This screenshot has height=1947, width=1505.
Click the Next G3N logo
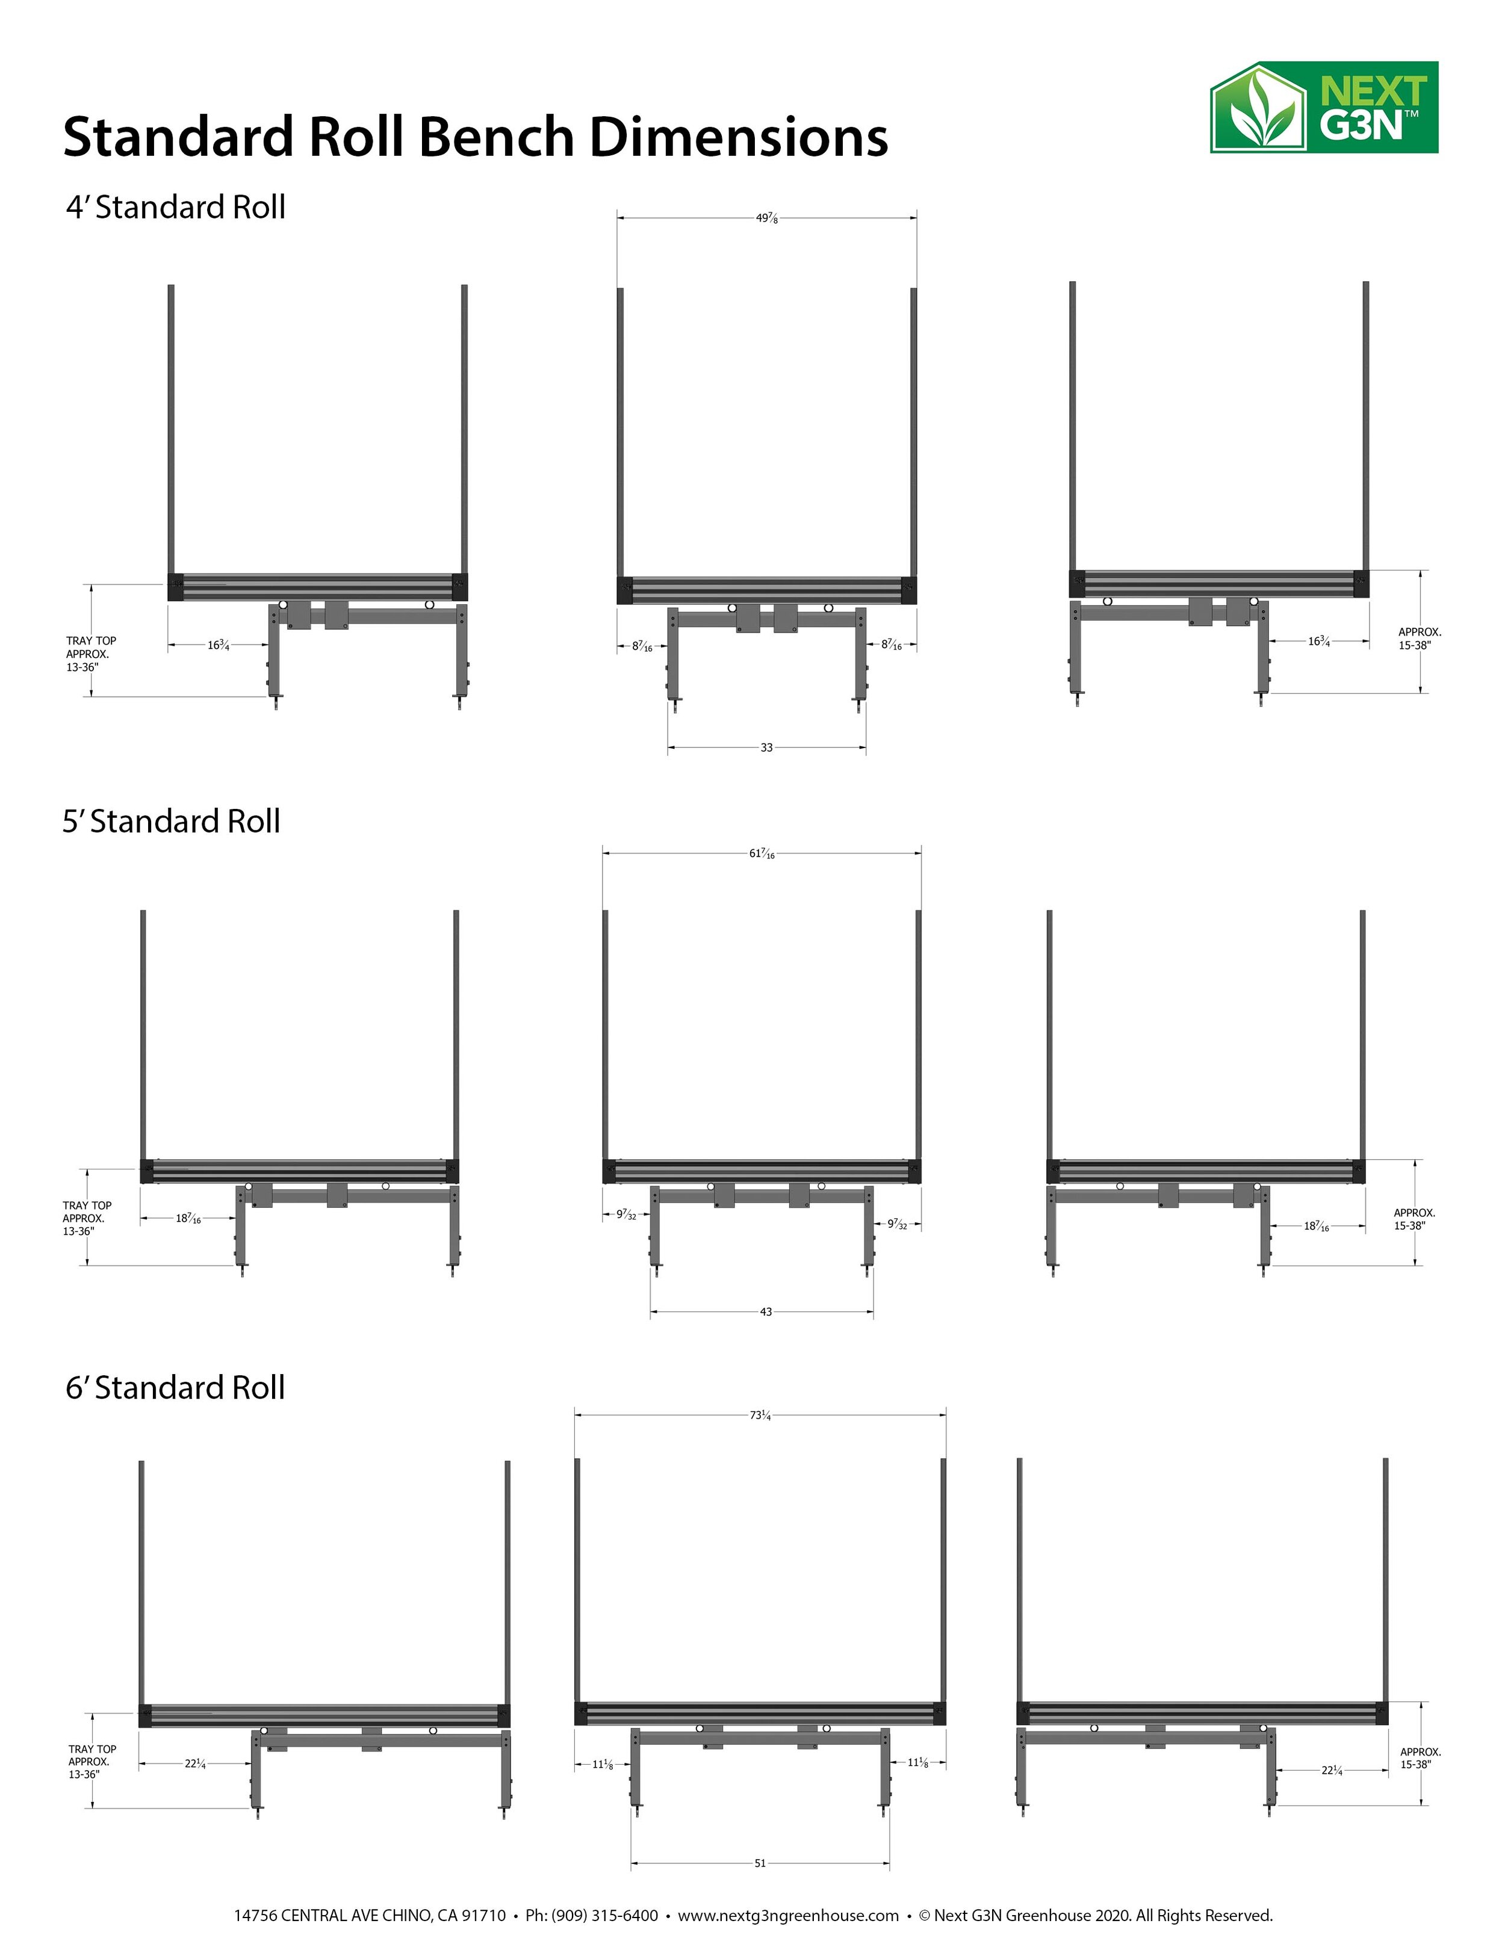pos(1323,108)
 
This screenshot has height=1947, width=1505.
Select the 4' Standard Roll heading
pos(176,207)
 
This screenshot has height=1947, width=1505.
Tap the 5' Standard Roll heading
pos(171,821)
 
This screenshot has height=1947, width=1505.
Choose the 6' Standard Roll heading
pos(176,1387)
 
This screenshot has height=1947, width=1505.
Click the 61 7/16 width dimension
pos(762,854)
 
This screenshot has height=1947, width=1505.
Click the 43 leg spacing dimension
pos(766,1311)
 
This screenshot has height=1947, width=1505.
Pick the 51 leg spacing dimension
pos(760,1863)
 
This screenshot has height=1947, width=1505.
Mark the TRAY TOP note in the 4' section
pos(91,654)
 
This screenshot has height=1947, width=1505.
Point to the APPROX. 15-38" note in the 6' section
pos(1420,1758)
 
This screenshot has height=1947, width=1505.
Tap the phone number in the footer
pos(592,1915)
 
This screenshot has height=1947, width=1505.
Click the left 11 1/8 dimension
pos(603,1763)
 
